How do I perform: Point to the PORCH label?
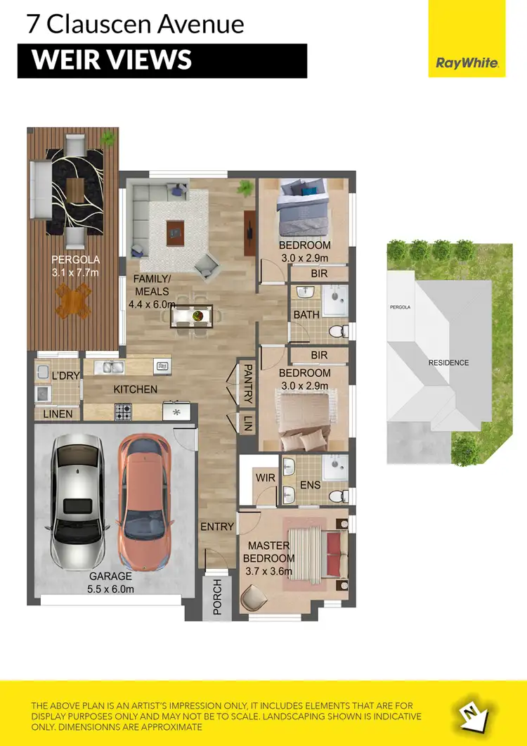point(216,597)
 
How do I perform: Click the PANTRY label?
point(247,382)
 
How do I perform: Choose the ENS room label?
point(310,485)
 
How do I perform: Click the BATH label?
point(306,314)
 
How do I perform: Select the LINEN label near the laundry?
point(58,414)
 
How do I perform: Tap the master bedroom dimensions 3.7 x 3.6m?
point(268,571)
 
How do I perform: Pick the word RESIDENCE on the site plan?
point(448,363)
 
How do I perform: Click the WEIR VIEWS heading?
point(112,60)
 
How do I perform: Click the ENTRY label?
point(217,527)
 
